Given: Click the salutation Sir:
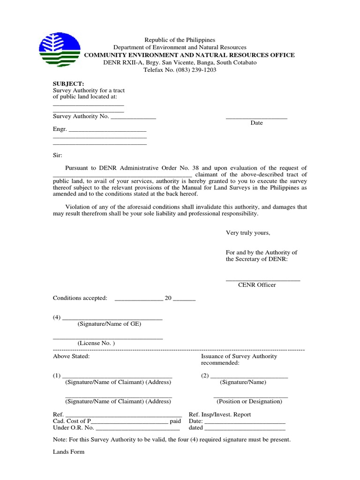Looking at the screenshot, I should pyautogui.click(x=57, y=155).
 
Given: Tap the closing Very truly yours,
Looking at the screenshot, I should pyautogui.click(x=248, y=232).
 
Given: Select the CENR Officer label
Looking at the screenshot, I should pyautogui.click(x=257, y=285).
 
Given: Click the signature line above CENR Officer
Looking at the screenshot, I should pyautogui.click(x=263, y=280).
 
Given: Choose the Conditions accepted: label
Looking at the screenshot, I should pyautogui.click(x=80, y=298).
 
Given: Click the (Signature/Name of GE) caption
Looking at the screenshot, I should pyautogui.click(x=109, y=324).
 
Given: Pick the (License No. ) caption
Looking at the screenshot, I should pyautogui.click(x=96, y=343).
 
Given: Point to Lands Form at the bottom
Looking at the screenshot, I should pyautogui.click(x=68, y=452).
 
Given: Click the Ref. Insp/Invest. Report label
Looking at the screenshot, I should pyautogui.click(x=219, y=414).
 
